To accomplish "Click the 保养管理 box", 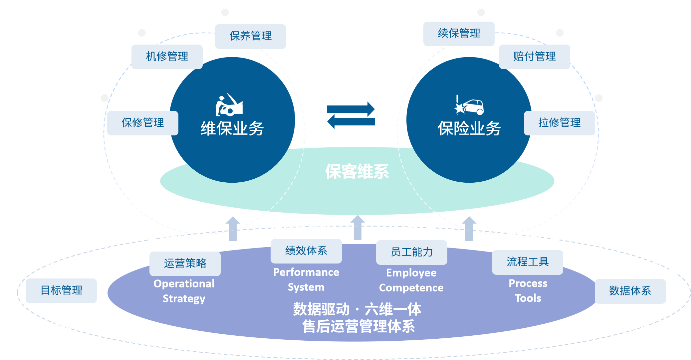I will click(250, 36).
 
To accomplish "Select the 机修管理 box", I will click(167, 57).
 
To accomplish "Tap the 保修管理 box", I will click(142, 123).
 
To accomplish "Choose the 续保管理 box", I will click(459, 34).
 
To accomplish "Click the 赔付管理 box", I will click(534, 57).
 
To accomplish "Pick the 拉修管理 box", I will click(559, 123).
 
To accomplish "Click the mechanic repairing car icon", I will click(229, 105).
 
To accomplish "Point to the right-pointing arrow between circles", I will click(351, 109).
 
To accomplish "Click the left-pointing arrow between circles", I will click(351, 122).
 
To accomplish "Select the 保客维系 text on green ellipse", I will click(357, 172).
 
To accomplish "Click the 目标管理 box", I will click(61, 290).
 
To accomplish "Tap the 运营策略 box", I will click(185, 264).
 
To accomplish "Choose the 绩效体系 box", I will click(306, 251).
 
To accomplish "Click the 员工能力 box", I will click(411, 252).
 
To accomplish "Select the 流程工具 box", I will click(527, 262).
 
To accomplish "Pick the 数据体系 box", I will click(630, 291).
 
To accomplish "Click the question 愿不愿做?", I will click(310, 227).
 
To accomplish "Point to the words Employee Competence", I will click(411, 280).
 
